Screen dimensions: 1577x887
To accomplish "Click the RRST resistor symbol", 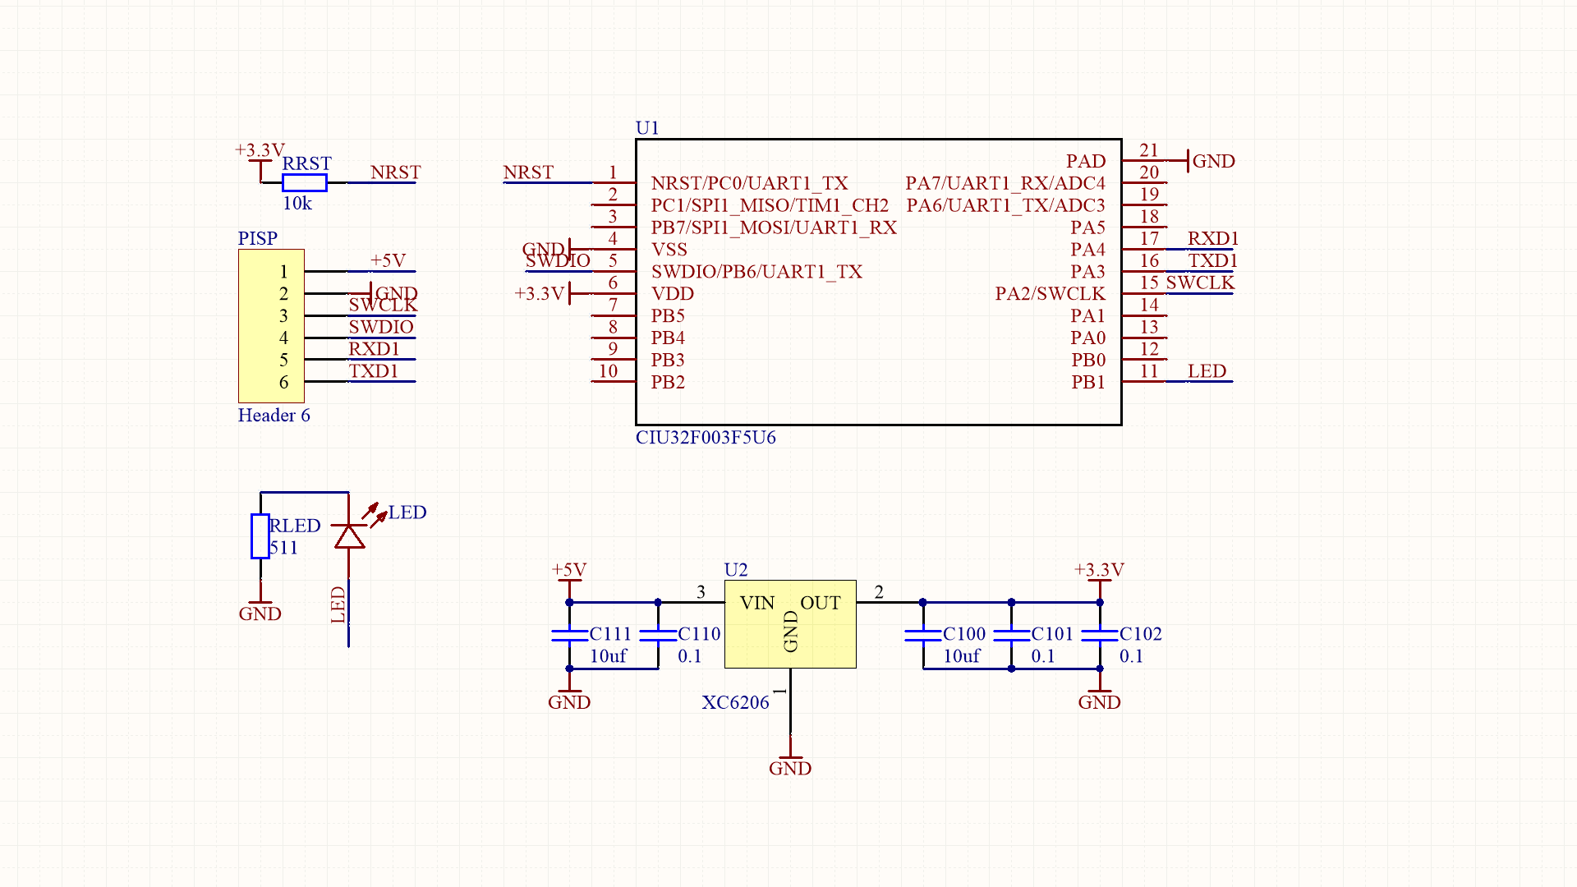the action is pyautogui.click(x=304, y=182).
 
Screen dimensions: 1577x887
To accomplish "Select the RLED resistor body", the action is pyautogui.click(x=260, y=536).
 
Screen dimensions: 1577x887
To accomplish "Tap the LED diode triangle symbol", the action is pyautogui.click(x=349, y=536).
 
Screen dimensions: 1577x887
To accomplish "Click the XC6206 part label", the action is pyautogui.click(x=735, y=702).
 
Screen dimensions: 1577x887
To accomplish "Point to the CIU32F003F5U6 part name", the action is pyautogui.click(x=706, y=437).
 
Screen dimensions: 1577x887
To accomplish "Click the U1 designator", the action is pyautogui.click(x=647, y=127).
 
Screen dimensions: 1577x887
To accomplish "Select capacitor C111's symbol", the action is pyautogui.click(x=569, y=634).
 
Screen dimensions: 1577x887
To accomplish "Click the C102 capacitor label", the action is pyautogui.click(x=1141, y=634).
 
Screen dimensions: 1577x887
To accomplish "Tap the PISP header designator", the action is pyautogui.click(x=258, y=238).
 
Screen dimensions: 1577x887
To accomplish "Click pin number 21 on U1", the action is pyautogui.click(x=1149, y=150).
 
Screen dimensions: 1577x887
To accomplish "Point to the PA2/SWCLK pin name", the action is pyautogui.click(x=1050, y=293).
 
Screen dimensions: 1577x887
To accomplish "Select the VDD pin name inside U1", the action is pyautogui.click(x=673, y=293).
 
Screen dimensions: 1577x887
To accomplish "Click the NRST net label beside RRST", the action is pyautogui.click(x=395, y=172).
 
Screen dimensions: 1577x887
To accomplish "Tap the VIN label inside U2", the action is pyautogui.click(x=756, y=603).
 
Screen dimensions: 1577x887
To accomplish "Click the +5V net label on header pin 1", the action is pyautogui.click(x=388, y=260).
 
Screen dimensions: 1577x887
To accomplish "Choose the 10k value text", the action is pyautogui.click(x=297, y=203).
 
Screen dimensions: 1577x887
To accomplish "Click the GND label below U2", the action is pyautogui.click(x=790, y=768).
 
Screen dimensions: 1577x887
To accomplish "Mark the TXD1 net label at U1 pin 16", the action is pyautogui.click(x=1212, y=260).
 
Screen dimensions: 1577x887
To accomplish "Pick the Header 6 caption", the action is pyautogui.click(x=274, y=415).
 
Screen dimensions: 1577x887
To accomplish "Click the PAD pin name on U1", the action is pyautogui.click(x=1086, y=161).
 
